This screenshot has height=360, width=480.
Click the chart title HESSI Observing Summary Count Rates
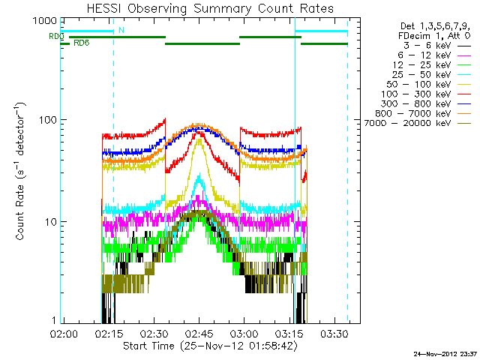click(199, 9)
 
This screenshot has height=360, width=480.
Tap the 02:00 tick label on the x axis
click(63, 332)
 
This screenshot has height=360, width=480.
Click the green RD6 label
click(81, 42)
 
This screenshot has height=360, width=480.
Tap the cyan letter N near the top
click(121, 30)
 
